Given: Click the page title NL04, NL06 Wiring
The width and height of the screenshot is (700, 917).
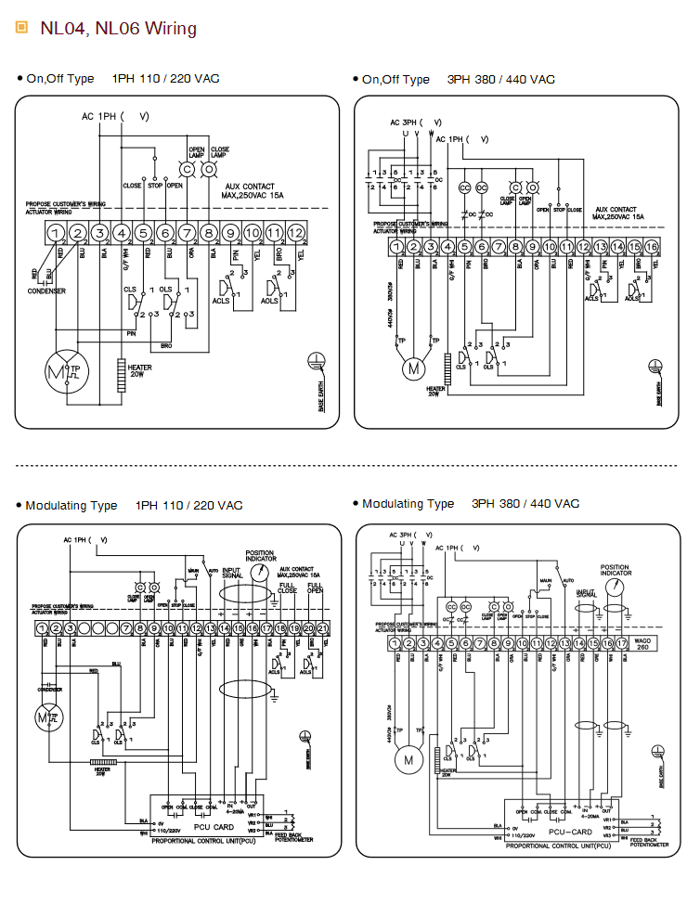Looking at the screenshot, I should tap(118, 29).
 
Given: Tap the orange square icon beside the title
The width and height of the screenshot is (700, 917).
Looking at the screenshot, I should tap(22, 28).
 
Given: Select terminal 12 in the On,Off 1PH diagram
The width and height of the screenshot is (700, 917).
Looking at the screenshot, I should tap(296, 232).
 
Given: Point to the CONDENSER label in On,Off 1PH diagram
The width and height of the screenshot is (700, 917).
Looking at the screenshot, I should tap(46, 291).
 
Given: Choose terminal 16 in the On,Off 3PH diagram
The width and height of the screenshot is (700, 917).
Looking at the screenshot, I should tap(652, 247).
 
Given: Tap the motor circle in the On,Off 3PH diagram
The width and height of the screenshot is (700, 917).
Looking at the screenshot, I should tap(410, 368).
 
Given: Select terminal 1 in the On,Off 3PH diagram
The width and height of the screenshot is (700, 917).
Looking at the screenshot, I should tap(397, 247).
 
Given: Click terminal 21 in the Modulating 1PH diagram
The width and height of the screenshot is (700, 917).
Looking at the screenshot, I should tap(323, 628).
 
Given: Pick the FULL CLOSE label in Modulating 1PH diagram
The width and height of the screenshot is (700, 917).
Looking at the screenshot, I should tap(287, 587).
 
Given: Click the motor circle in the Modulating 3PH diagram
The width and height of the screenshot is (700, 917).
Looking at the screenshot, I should tap(406, 761).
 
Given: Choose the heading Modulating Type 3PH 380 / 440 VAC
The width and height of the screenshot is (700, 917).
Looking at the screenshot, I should tap(471, 504).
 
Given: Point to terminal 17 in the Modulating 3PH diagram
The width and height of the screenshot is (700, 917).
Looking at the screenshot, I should tap(621, 643).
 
